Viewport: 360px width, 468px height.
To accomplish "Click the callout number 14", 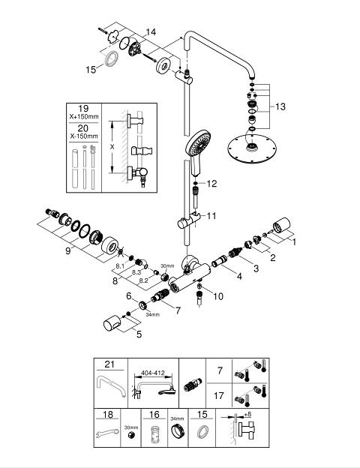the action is click(151, 32).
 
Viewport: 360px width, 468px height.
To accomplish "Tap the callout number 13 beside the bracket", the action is click(280, 106).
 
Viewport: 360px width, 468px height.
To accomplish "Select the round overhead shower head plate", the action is click(252, 149).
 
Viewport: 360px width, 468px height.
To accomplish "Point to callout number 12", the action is click(211, 184).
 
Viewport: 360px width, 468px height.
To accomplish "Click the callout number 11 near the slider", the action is click(211, 215).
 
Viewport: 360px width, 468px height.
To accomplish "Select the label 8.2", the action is click(143, 280).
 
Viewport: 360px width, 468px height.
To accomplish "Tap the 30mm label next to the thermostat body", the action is click(167, 265).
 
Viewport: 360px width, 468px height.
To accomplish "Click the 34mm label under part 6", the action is click(152, 314).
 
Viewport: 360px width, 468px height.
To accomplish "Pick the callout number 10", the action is click(218, 296).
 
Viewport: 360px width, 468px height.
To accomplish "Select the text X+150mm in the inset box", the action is click(84, 117).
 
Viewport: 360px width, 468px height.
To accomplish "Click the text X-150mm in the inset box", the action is click(84, 136).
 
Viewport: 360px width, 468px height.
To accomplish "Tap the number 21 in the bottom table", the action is click(109, 364).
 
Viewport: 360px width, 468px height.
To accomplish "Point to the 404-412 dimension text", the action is click(153, 373).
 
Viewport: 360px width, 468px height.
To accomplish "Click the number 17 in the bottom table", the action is click(219, 396).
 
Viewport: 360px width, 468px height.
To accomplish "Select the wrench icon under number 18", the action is click(107, 433).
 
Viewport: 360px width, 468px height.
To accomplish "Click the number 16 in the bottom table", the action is click(154, 415).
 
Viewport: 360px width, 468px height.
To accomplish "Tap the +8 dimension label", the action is click(247, 415).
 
